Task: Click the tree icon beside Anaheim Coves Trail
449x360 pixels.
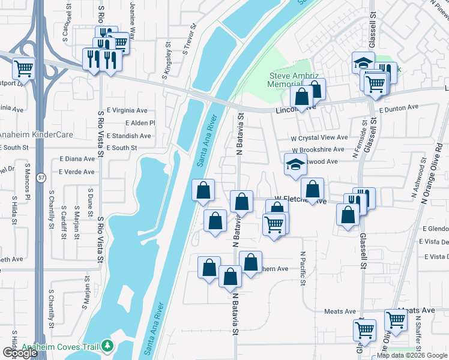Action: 107,346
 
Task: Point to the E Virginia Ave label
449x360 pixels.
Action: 127,110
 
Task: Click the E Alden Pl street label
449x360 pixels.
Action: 140,123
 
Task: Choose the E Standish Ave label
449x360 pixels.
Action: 128,136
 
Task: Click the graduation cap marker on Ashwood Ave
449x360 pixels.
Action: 295,166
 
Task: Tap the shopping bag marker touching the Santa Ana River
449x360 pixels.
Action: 203,191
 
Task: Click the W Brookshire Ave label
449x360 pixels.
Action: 318,149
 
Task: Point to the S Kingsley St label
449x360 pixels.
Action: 169,64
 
